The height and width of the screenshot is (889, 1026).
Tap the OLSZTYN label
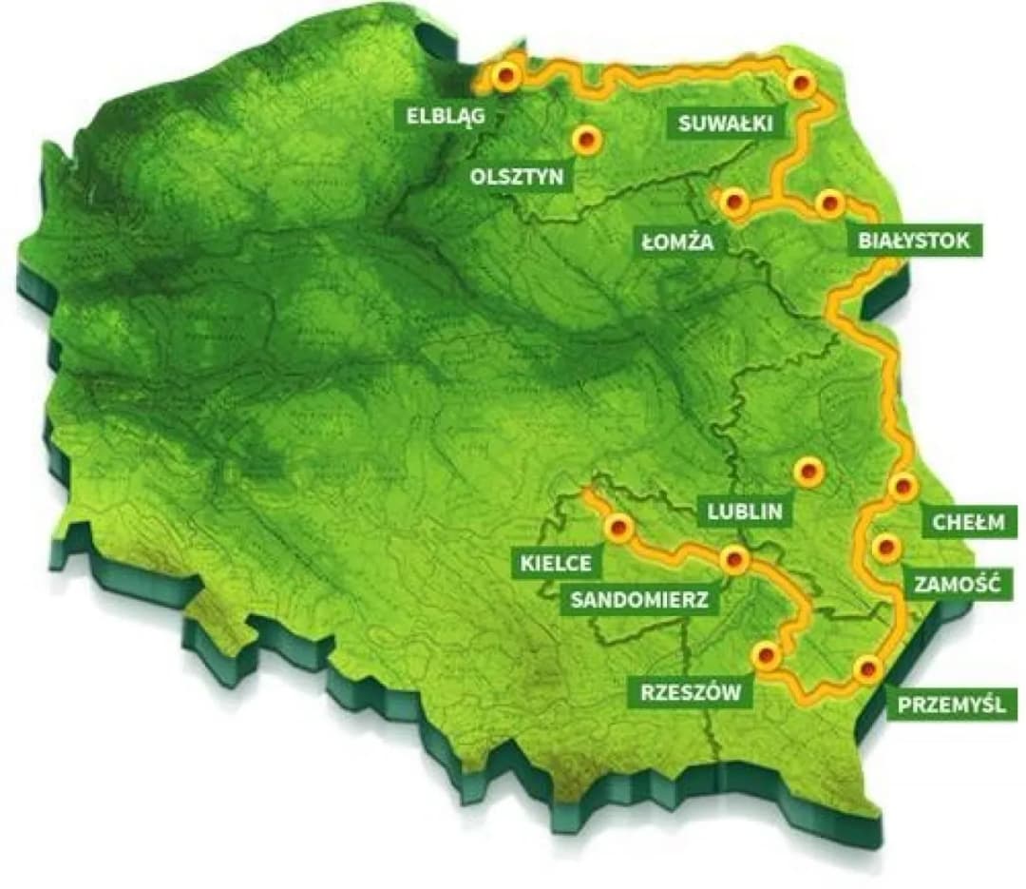point(517,176)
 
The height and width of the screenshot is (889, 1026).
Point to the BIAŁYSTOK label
point(914,241)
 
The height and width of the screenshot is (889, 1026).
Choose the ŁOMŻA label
point(677,242)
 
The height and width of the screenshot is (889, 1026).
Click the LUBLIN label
point(745,512)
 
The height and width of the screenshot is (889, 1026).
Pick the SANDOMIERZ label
point(639,599)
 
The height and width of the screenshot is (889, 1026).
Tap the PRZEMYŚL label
point(944,705)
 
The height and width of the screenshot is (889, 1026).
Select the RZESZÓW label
point(690,692)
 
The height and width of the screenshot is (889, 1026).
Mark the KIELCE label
point(556,563)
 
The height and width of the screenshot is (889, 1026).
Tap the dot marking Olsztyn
point(586,140)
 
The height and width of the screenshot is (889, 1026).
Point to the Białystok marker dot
point(829,203)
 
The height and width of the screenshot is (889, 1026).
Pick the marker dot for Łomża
point(732,202)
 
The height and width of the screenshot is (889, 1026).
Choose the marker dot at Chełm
point(902,487)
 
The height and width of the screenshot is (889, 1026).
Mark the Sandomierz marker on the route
point(733,560)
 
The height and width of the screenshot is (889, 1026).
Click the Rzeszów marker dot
point(767,655)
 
